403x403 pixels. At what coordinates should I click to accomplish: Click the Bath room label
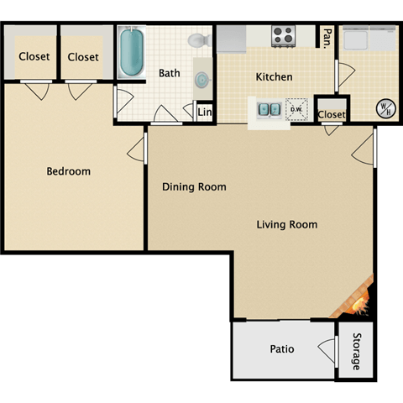coord(170,73)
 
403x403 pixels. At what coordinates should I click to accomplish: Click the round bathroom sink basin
coord(203,79)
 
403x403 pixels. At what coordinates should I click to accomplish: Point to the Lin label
coord(204,112)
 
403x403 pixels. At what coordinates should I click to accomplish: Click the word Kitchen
coord(274,77)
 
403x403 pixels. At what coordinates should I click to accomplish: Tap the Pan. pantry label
coord(326,38)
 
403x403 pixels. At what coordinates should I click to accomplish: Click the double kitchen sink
coord(270,109)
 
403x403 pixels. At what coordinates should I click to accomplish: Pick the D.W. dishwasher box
coord(296,109)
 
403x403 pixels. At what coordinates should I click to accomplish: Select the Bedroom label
coord(68,171)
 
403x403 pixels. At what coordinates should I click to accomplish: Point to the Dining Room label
coord(194,187)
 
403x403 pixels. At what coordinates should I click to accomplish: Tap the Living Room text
coord(286,224)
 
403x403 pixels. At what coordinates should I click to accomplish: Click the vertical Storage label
coord(355,351)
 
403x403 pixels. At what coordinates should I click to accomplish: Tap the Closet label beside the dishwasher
coord(331,114)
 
